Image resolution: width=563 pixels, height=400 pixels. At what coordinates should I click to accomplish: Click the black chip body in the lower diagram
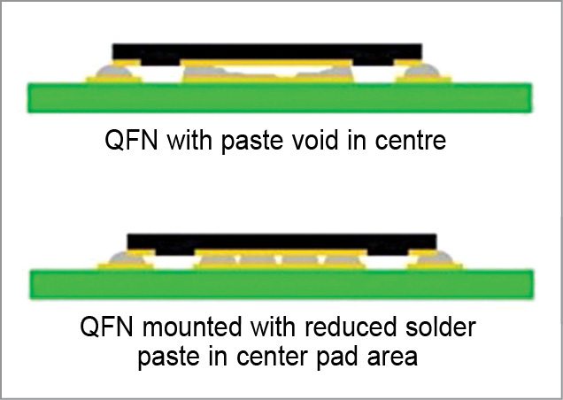pos(281,241)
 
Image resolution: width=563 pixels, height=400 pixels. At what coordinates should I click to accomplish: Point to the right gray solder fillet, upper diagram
pos(425,69)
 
